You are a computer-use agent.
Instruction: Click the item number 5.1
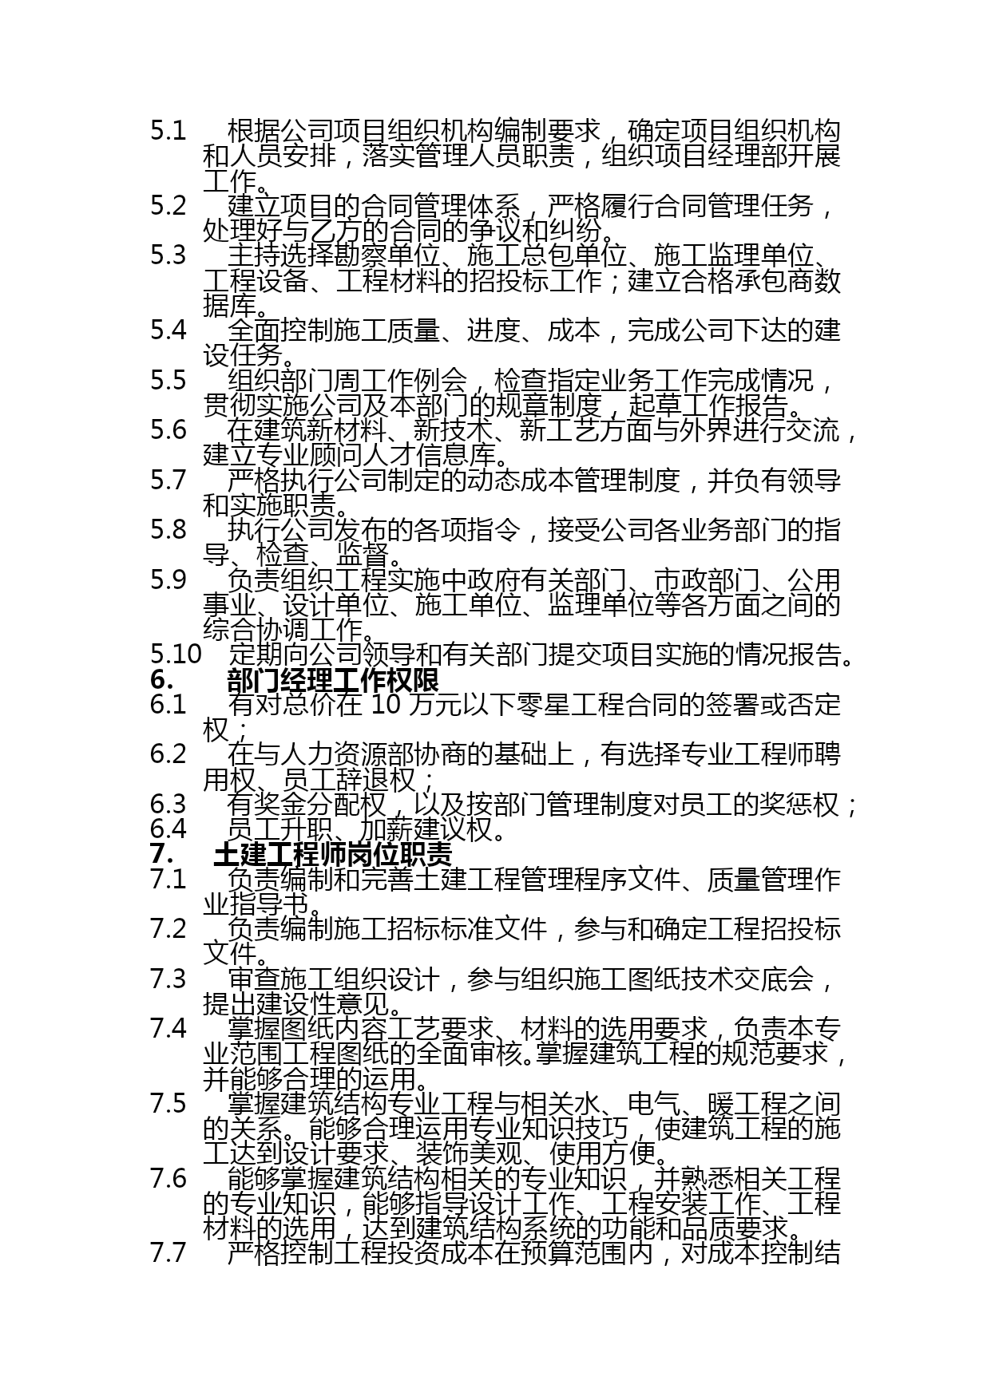(x=168, y=131)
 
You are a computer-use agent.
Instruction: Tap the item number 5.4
(x=168, y=330)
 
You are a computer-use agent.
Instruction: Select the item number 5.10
(x=176, y=655)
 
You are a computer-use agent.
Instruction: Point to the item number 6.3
(x=168, y=804)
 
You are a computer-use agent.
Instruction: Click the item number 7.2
(x=168, y=928)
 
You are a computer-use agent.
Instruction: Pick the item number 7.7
(x=168, y=1252)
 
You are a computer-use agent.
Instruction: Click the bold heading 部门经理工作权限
(x=333, y=680)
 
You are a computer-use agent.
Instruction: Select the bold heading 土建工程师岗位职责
(x=333, y=854)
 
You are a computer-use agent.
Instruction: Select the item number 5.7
(x=168, y=480)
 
